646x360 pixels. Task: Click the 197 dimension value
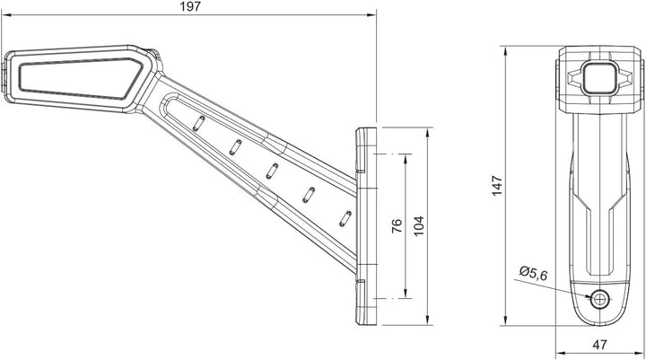point(190,6)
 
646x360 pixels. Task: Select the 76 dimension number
point(397,226)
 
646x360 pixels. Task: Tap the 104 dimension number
point(419,226)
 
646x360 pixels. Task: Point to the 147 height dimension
point(497,186)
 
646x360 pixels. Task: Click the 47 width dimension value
point(600,345)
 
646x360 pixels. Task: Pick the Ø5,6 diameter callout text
point(534,274)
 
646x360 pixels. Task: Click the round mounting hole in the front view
point(600,299)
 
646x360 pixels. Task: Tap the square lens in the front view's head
point(599,77)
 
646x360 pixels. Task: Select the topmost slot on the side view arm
point(198,123)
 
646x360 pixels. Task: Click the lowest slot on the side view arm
point(345,218)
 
